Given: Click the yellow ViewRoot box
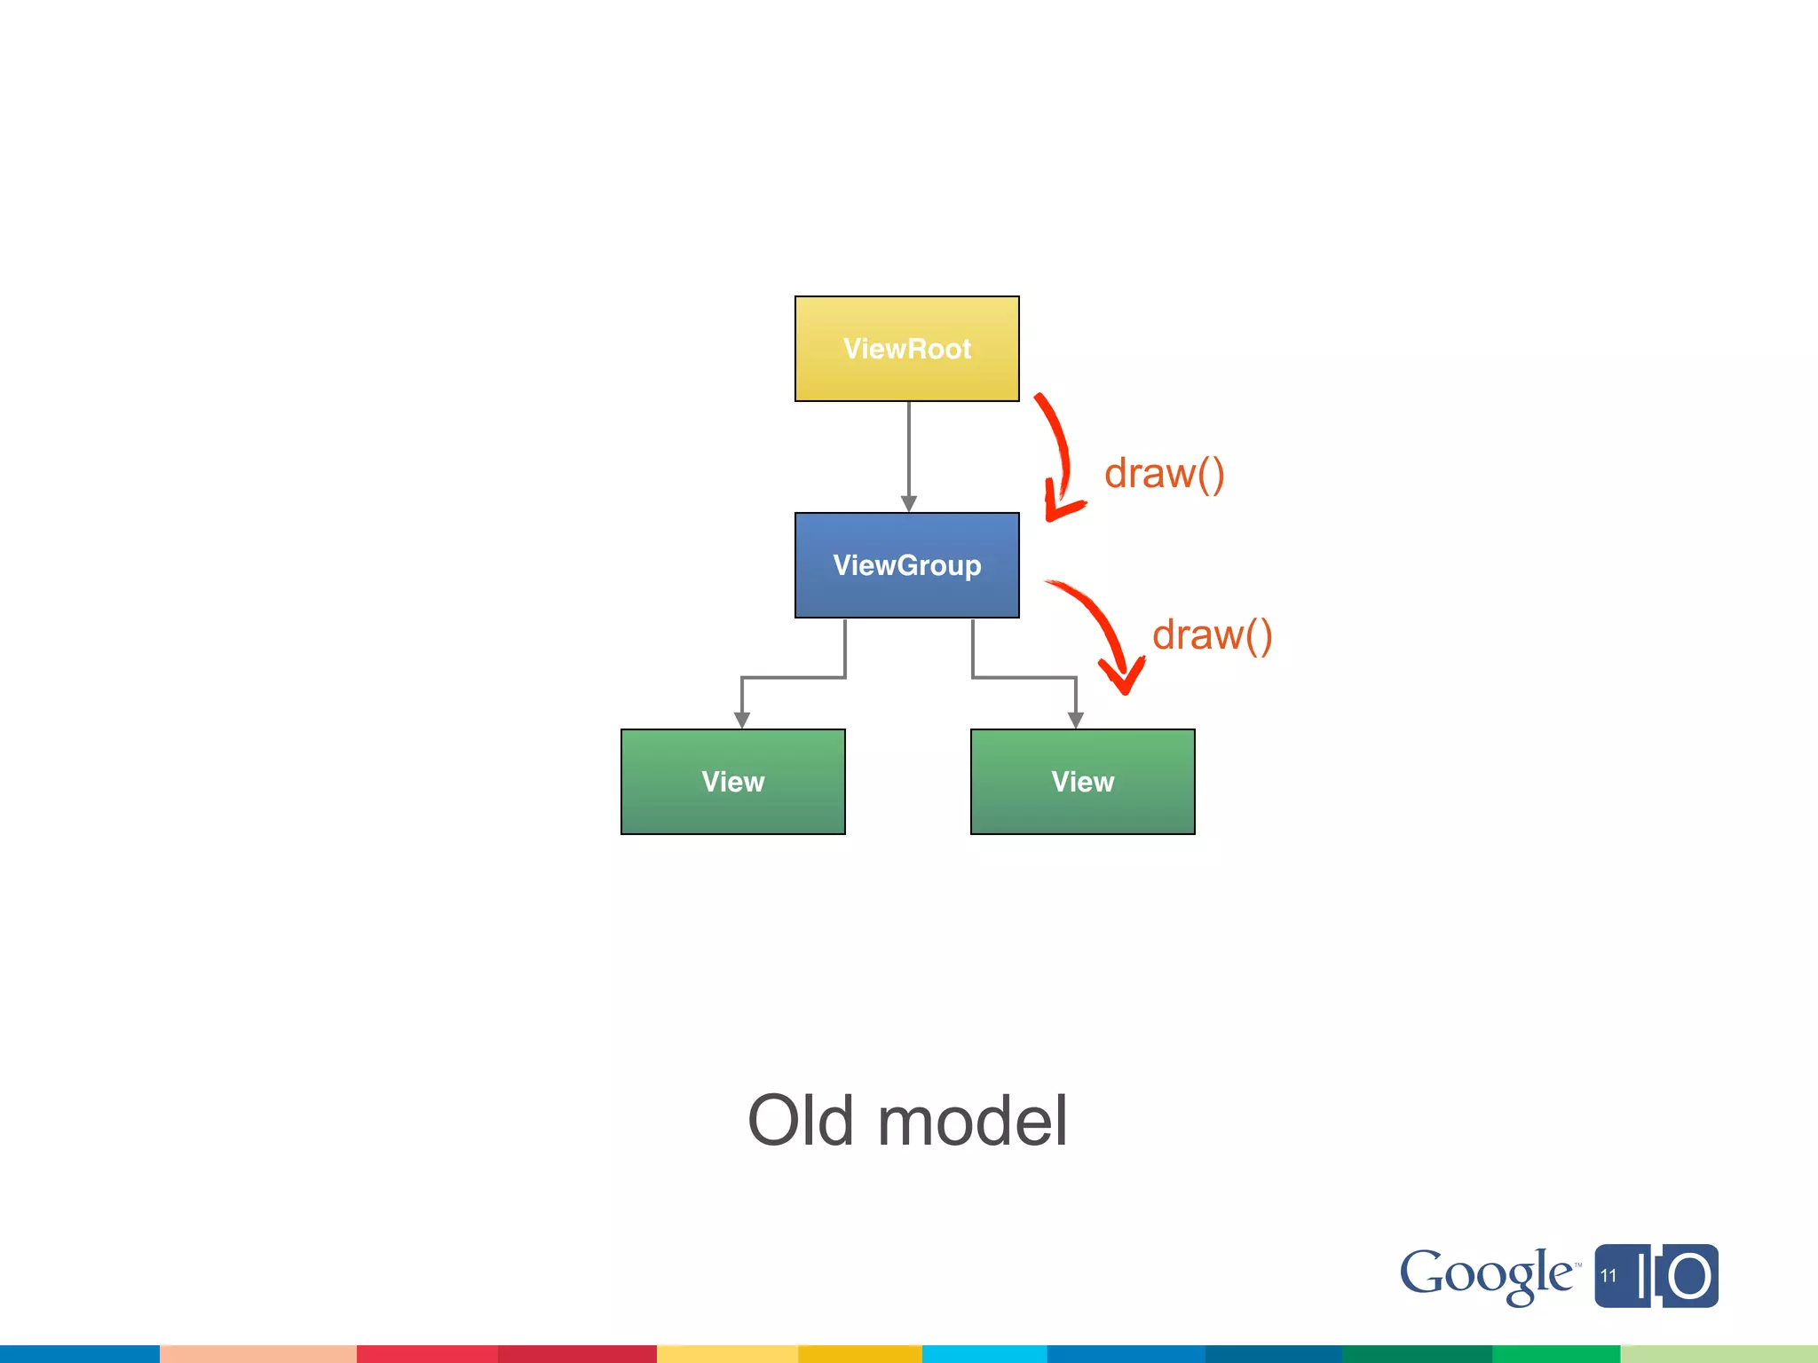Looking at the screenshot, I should (906, 349).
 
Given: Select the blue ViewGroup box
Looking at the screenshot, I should (906, 565).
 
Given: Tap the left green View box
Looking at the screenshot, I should (732, 782).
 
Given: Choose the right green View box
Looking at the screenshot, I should (1082, 782).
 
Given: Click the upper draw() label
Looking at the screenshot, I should (1164, 474).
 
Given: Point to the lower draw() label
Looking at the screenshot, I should (1212, 635).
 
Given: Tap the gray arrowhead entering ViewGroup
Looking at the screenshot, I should (908, 503).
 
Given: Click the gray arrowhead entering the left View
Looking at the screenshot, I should (742, 720).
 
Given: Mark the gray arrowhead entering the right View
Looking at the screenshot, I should (1076, 720).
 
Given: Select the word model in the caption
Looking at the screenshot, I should (972, 1121).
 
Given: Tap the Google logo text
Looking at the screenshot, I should (1486, 1274).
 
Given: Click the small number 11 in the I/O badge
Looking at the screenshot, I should (1609, 1276).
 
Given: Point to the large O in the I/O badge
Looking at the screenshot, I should (1688, 1277).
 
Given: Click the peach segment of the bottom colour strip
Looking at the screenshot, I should (257, 1354).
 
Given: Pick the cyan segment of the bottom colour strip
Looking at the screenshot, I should (984, 1354).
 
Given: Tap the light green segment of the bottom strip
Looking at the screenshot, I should (1719, 1354).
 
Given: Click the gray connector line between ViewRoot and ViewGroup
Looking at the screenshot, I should (908, 448).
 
